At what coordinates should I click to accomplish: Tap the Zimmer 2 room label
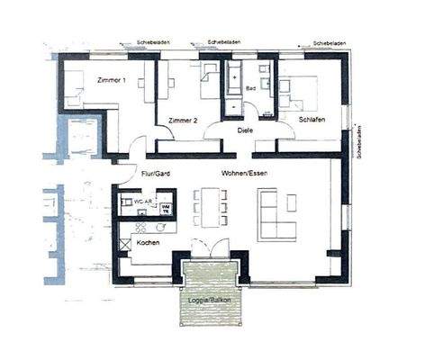click(x=182, y=120)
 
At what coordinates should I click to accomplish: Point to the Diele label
click(x=245, y=130)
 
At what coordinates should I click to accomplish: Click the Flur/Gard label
click(x=157, y=173)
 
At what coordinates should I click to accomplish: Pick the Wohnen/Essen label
click(x=246, y=173)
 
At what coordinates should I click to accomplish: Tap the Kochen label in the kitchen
click(x=149, y=243)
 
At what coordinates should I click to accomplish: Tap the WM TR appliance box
click(x=166, y=208)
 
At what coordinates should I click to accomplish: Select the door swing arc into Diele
click(x=217, y=135)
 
